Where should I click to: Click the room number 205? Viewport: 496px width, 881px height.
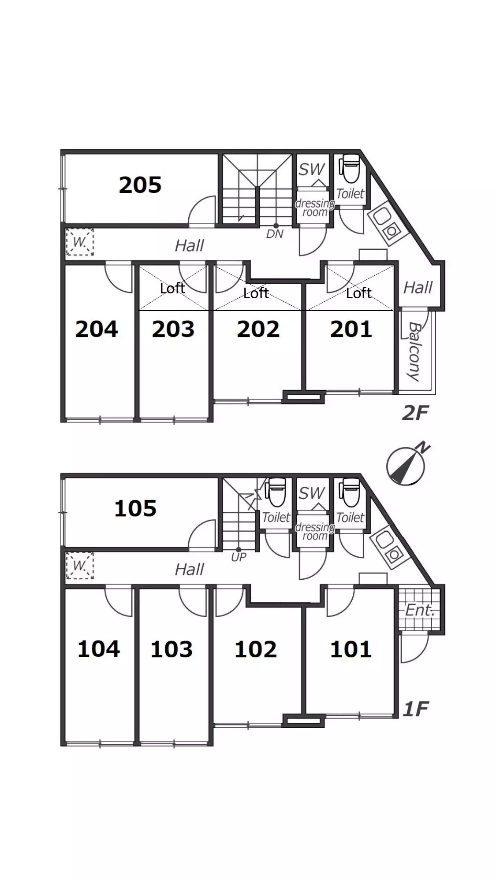[x=140, y=185]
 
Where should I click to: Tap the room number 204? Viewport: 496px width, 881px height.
[x=97, y=329]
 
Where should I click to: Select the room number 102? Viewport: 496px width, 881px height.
[x=256, y=649]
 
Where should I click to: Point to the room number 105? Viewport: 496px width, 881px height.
[x=135, y=508]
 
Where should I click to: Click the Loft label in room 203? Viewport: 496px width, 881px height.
[x=172, y=289]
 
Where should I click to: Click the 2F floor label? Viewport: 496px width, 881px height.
[x=415, y=413]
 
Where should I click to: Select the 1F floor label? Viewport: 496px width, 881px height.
[x=416, y=709]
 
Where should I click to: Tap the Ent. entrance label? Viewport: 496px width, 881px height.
[x=420, y=611]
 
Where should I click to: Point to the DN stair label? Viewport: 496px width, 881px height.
[x=275, y=234]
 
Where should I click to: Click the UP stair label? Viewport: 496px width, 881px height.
[x=239, y=557]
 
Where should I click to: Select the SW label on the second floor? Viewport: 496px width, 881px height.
[x=311, y=169]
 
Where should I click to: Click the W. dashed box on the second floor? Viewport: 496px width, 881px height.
[x=80, y=242]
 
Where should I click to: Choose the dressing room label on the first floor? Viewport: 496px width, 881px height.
[x=315, y=531]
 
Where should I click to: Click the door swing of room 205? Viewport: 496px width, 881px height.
[x=202, y=210]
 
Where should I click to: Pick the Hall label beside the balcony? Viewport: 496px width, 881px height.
[x=418, y=288]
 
